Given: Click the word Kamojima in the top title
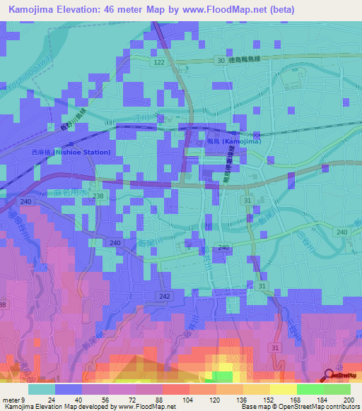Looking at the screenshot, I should click(34, 8).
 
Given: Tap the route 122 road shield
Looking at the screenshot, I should click(159, 64).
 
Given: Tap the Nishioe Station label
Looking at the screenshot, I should click(71, 152).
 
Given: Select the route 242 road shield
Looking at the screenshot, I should click(165, 297).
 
